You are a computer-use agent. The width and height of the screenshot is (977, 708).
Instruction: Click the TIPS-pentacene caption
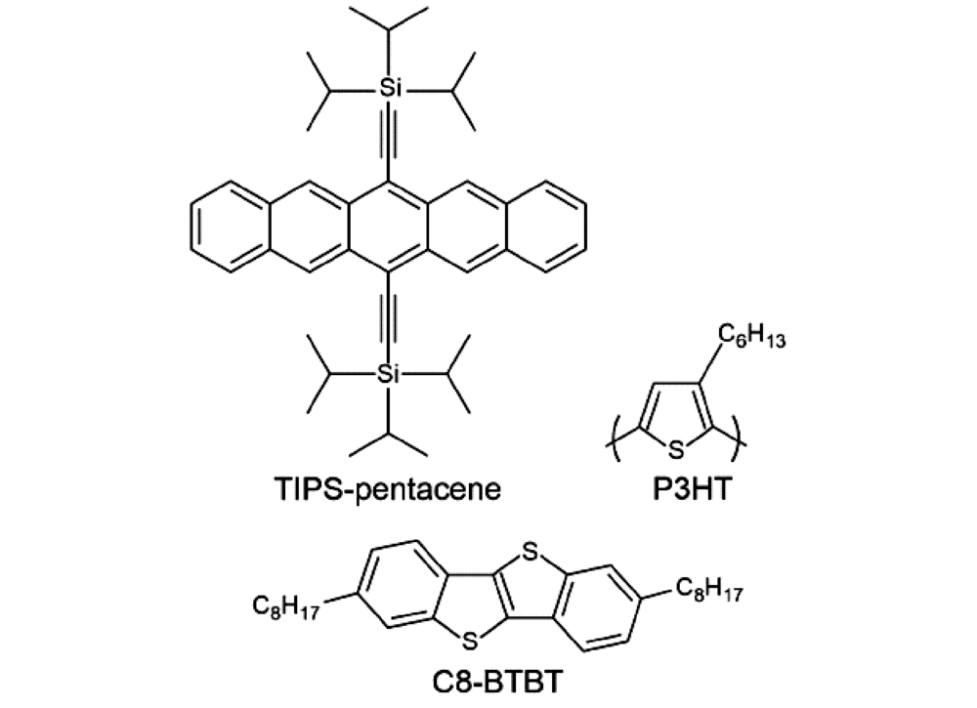(388, 489)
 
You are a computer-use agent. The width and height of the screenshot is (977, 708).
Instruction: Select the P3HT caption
(691, 489)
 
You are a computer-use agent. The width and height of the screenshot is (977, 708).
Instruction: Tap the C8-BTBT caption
(496, 682)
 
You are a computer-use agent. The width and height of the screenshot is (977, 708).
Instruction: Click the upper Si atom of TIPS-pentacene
(388, 88)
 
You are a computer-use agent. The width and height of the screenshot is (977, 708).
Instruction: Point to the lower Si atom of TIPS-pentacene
(388, 374)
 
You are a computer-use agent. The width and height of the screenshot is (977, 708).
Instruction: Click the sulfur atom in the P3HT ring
(676, 449)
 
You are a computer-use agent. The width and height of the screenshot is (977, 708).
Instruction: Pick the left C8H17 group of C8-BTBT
(286, 605)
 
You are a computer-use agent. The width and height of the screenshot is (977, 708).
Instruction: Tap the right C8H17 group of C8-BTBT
(708, 589)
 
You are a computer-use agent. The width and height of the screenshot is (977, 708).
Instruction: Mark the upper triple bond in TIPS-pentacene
(388, 140)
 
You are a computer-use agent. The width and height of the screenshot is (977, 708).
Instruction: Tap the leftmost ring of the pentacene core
(231, 227)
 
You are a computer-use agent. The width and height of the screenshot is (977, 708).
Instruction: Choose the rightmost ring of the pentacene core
(546, 227)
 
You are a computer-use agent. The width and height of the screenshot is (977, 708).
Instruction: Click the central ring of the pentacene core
(388, 227)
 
